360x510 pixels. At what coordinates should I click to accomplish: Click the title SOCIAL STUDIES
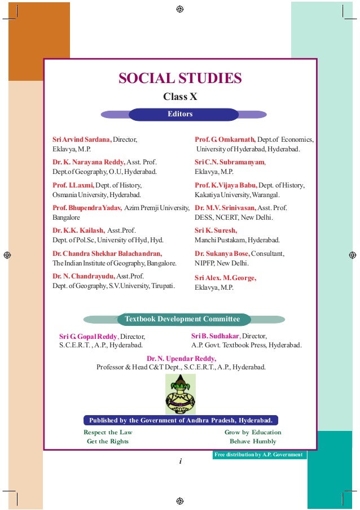point(180,78)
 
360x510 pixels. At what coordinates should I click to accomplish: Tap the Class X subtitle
point(180,97)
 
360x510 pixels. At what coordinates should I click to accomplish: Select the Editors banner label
point(180,114)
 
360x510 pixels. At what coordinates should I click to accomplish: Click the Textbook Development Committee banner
point(182,319)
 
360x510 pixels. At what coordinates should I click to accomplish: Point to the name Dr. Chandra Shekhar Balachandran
point(107,254)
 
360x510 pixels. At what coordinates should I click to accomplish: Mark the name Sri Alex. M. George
point(225,278)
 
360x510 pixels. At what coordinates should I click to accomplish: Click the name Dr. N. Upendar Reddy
point(181,358)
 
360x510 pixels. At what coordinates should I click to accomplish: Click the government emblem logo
point(180,394)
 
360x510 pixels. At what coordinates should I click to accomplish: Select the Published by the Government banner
point(181,420)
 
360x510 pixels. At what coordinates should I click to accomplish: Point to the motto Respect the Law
point(108,432)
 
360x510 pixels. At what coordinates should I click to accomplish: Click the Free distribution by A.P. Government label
point(259,455)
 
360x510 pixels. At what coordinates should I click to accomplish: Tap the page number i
point(180,462)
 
